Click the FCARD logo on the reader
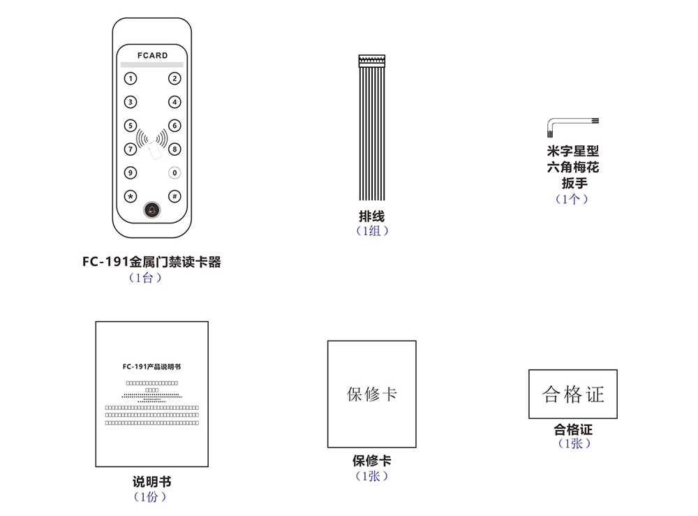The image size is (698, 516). coord(152,55)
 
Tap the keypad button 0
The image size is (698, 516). coord(174,172)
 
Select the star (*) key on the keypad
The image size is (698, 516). coord(131,196)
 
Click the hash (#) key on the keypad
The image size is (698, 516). coord(174,196)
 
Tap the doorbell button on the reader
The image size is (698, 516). coord(152,210)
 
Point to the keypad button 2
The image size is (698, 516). coord(174,79)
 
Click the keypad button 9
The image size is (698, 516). coord(131,172)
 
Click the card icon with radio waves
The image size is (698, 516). coord(152,143)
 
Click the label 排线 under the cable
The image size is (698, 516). coord(371,217)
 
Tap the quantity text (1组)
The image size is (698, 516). coord(371,231)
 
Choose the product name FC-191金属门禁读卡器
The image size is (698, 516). coord(151,263)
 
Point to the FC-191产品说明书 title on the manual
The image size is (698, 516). coord(151,366)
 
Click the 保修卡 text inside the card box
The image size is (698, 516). coord(371,394)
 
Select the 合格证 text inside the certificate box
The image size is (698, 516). coord(572,395)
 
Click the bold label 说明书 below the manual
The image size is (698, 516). coord(151,482)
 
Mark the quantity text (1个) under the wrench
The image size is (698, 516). coord(572,199)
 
